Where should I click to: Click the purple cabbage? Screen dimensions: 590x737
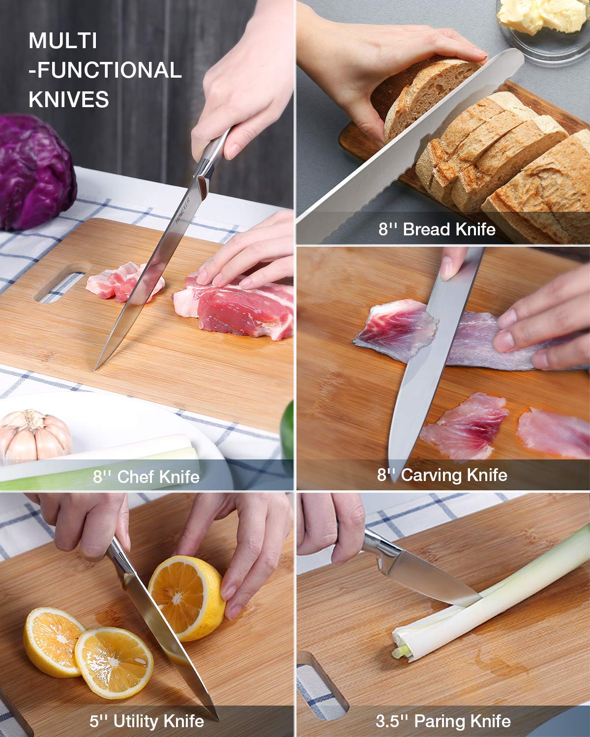tap(36, 171)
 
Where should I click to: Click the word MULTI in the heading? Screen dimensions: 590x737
tap(63, 41)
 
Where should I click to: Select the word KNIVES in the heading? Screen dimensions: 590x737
tap(68, 99)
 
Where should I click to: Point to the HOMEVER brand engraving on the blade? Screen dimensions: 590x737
tap(183, 211)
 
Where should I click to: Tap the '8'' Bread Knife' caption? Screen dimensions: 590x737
tap(437, 229)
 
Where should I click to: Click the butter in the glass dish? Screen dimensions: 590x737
tap(542, 15)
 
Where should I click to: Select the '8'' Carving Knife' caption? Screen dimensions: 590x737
tap(442, 475)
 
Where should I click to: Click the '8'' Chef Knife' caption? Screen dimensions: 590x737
tap(146, 477)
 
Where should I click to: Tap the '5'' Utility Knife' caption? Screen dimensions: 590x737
tap(147, 721)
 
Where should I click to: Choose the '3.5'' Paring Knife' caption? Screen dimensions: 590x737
tap(443, 721)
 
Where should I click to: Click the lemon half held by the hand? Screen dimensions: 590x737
tap(187, 598)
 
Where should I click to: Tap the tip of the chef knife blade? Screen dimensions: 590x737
tap(95, 370)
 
